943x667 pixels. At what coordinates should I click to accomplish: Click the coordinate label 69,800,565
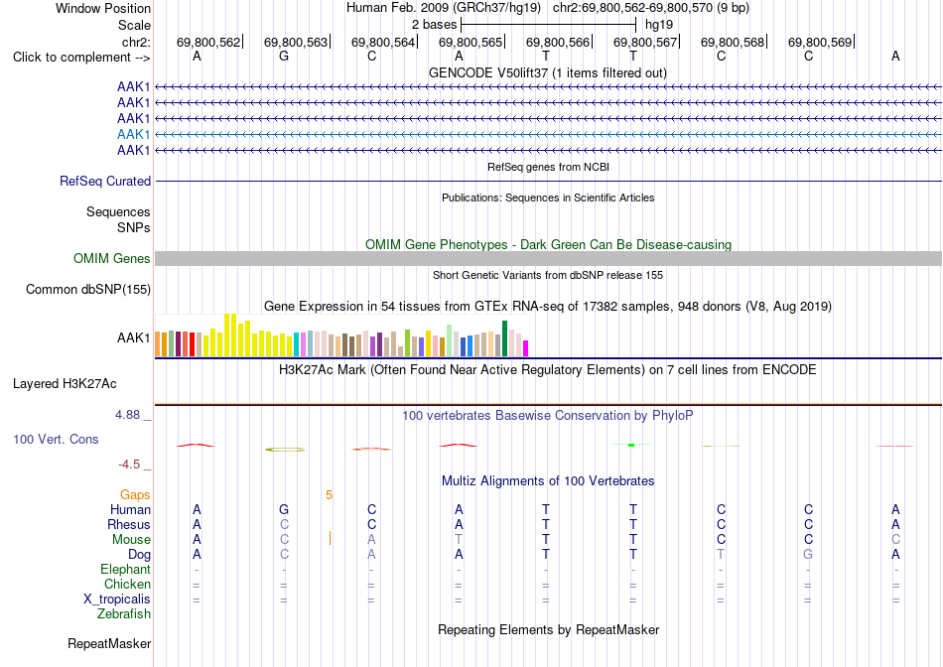tap(471, 42)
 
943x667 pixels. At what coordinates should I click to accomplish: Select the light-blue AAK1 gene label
tap(134, 134)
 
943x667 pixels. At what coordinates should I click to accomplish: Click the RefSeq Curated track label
tap(105, 181)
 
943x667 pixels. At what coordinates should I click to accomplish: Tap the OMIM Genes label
tap(112, 259)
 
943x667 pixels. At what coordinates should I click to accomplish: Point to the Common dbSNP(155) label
tap(88, 289)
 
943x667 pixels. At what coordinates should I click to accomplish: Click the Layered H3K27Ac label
tap(65, 384)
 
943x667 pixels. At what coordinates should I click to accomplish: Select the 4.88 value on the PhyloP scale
tap(127, 415)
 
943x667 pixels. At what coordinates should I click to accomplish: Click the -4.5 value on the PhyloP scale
tap(129, 465)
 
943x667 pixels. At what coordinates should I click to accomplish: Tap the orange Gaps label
tap(135, 494)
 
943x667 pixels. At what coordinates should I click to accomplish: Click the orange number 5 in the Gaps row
tap(329, 495)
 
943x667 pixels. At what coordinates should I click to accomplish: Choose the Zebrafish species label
tap(124, 614)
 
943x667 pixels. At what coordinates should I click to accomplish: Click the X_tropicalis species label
tap(117, 600)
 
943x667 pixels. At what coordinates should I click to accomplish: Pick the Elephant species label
tap(126, 569)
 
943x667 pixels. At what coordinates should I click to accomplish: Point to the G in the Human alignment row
tap(284, 509)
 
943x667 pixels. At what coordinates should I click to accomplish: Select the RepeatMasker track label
tap(109, 643)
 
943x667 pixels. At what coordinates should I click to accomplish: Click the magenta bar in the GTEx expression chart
tap(525, 348)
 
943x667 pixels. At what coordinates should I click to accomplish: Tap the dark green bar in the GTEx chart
tap(504, 338)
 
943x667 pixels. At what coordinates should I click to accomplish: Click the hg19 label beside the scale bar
tap(658, 25)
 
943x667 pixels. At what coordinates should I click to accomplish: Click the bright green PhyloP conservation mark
tap(631, 445)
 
